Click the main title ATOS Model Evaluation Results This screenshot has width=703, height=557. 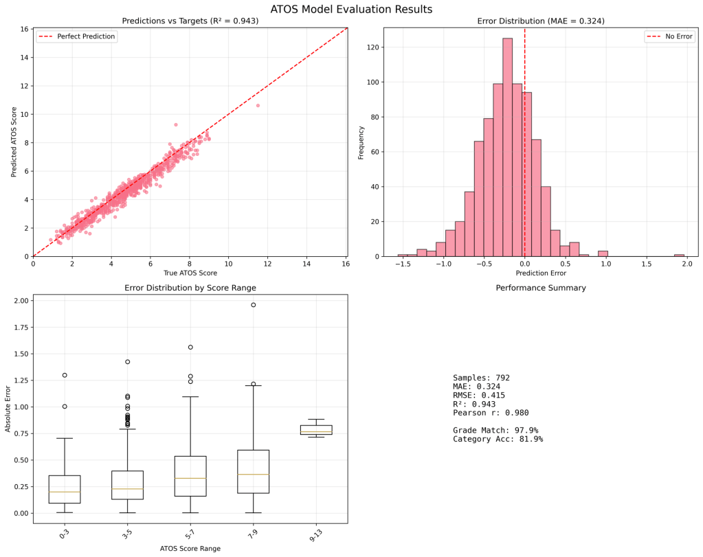tap(351, 9)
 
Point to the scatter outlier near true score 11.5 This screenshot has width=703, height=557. tap(258, 105)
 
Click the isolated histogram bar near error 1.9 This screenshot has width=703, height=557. tap(679, 255)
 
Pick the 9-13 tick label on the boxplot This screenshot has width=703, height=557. tap(316, 533)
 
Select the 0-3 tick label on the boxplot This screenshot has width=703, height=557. tap(65, 533)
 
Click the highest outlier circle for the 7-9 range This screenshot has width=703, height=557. tap(253, 304)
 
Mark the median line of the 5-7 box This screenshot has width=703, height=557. tap(190, 478)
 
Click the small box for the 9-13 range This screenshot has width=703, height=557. tap(316, 430)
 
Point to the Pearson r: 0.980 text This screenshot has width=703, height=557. tap(490, 413)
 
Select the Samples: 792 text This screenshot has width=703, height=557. tap(481, 378)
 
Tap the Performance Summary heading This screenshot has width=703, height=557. tap(541, 288)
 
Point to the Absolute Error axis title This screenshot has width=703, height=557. tap(8, 409)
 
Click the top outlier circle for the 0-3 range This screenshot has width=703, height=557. tap(65, 375)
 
